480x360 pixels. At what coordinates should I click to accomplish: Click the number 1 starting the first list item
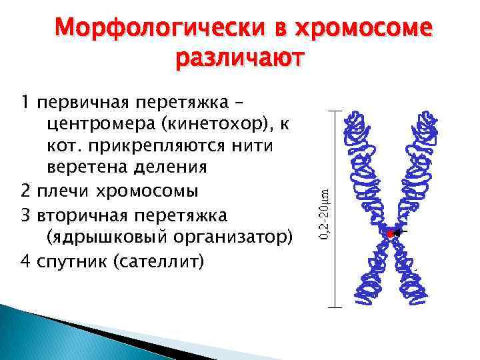[x=25, y=103]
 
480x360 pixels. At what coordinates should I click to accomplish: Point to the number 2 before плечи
[x=25, y=192]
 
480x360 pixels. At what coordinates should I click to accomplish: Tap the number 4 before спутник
[x=25, y=259]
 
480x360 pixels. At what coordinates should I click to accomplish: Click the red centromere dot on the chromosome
[x=390, y=233]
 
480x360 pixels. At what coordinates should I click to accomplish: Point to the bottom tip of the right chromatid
[x=416, y=303]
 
